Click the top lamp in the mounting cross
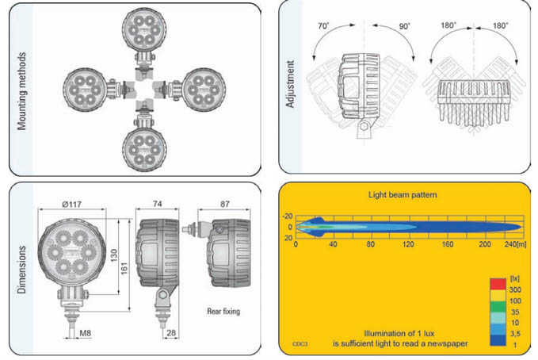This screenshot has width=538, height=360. pos(144,31)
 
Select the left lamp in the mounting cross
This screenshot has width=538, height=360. pos(86,88)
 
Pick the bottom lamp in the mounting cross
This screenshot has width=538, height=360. pos(144,144)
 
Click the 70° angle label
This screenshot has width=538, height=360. pos(323,27)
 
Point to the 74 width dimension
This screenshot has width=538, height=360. pos(158,204)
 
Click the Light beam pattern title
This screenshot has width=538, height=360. pos(403,193)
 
